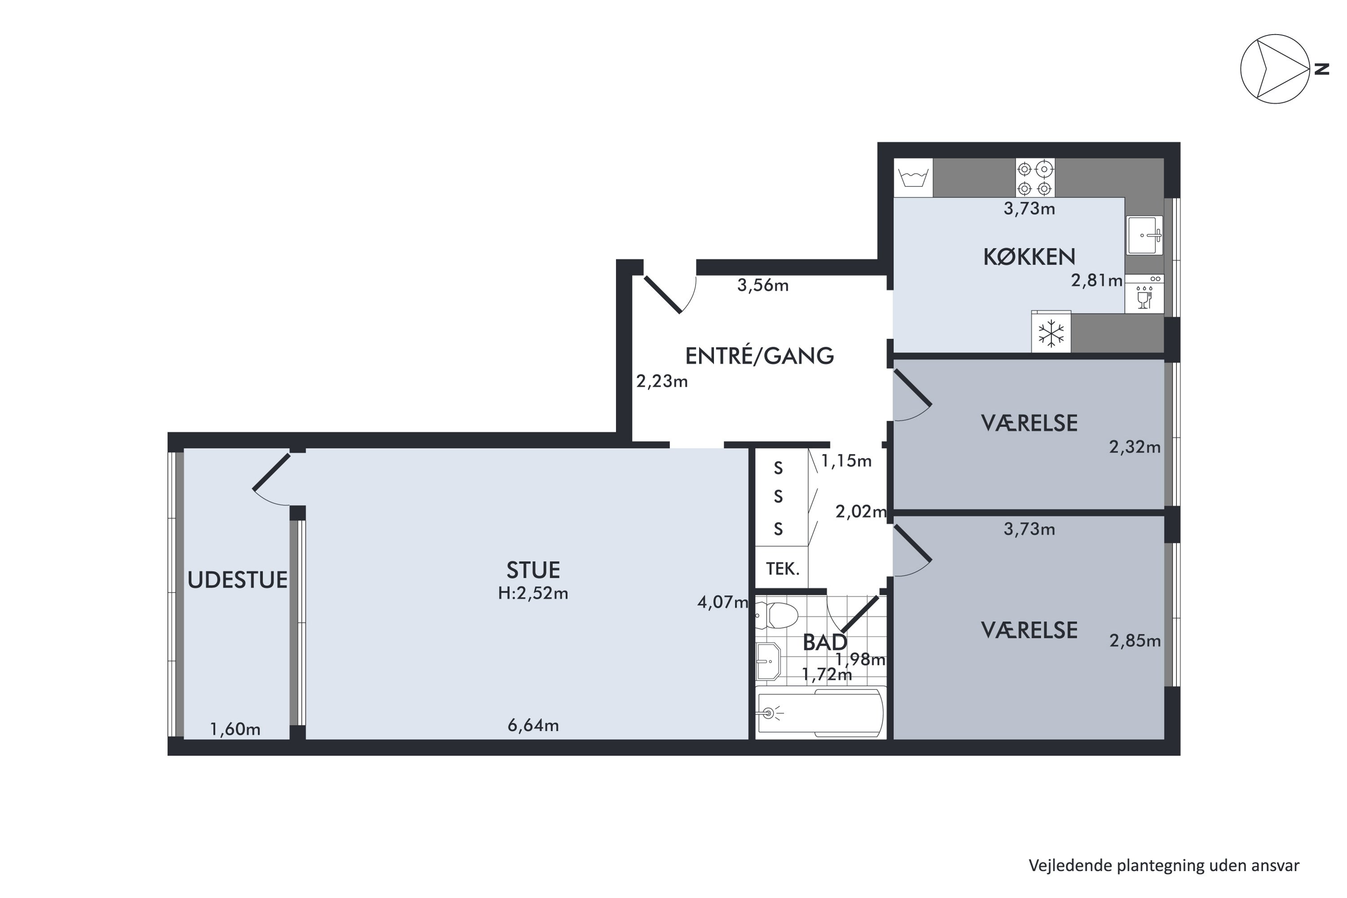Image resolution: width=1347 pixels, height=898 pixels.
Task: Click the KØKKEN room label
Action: coord(1029,257)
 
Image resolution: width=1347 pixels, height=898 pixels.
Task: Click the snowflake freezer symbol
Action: coord(1051,333)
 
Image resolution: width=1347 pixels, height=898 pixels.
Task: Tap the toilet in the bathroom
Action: coord(777,616)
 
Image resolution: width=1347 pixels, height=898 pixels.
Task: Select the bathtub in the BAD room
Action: coord(821,713)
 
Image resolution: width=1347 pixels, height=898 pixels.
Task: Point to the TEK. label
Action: coord(782,569)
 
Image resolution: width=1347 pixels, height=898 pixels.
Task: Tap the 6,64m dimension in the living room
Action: coord(533,726)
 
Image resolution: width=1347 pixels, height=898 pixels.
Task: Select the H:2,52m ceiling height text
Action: coord(533,593)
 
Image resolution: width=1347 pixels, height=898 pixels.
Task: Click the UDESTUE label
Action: coord(237,580)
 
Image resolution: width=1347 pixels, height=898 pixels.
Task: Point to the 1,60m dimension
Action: coord(235,730)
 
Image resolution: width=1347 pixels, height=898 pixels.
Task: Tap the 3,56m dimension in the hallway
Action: coord(763,285)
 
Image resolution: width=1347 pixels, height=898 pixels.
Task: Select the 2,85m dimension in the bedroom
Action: coord(1135,641)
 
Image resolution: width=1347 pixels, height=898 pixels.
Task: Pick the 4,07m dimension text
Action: coord(723,602)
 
